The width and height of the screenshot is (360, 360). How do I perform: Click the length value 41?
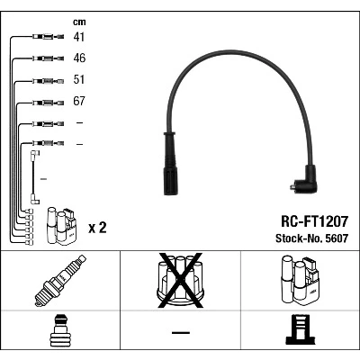click(x=79, y=37)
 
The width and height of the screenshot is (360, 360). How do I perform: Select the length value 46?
click(x=79, y=58)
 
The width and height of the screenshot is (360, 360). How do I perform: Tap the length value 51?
click(x=79, y=79)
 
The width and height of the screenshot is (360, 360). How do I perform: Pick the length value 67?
click(x=79, y=101)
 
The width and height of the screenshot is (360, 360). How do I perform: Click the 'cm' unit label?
click(x=79, y=22)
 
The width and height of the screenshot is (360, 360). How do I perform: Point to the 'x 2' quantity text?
click(x=97, y=228)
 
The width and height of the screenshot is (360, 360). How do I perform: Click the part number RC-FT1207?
click(x=314, y=221)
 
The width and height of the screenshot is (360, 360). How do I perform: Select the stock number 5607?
click(x=335, y=238)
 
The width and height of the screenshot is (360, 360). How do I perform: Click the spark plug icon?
click(x=60, y=281)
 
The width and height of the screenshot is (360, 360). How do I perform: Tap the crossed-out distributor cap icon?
click(x=180, y=281)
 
